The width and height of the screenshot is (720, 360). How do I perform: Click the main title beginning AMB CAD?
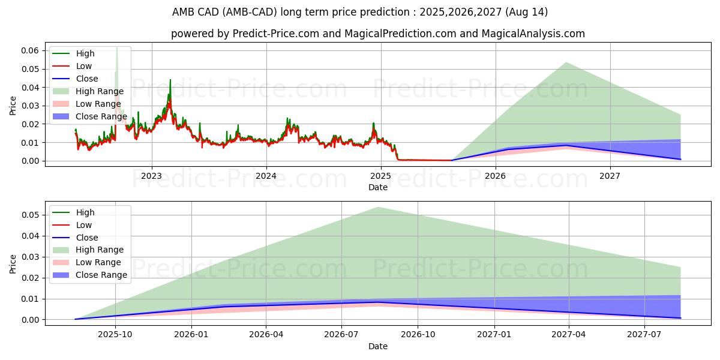(360, 12)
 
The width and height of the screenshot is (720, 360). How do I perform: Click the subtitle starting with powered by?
(378, 34)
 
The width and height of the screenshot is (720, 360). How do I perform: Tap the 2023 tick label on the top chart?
(151, 176)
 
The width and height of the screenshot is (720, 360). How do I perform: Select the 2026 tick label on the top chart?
(495, 176)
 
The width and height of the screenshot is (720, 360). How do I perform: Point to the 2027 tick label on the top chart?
(610, 176)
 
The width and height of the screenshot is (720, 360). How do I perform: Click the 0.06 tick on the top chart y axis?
(29, 50)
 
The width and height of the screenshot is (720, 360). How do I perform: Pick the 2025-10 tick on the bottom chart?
(115, 335)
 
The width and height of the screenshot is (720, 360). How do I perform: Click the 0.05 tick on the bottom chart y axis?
(29, 215)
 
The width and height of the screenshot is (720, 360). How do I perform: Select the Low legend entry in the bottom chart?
(84, 225)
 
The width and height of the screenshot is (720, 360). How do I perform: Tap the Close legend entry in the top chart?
(87, 79)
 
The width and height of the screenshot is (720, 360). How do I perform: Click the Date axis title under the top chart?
(378, 187)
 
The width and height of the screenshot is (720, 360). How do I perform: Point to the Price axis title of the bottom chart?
(13, 264)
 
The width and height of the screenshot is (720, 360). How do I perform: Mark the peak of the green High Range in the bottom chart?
(378, 208)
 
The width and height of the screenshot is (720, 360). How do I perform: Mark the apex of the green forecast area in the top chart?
(565, 62)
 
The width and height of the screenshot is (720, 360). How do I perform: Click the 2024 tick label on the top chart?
(266, 176)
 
